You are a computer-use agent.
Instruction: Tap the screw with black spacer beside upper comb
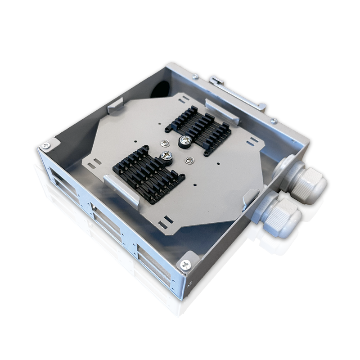point(184,141)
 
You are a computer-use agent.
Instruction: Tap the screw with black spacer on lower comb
point(166,156)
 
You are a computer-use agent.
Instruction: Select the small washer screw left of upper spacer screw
point(165,143)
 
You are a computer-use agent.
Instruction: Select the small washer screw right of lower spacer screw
point(189,159)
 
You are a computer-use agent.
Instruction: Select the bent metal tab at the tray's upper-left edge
point(114,104)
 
